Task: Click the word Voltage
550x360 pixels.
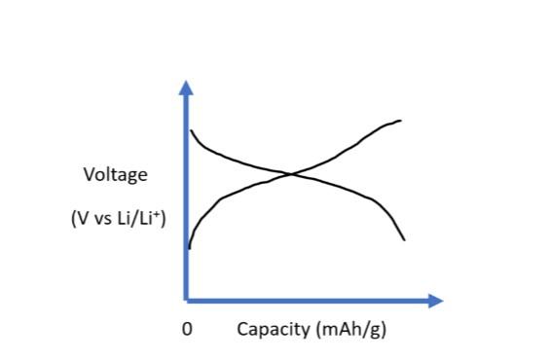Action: [x=116, y=176]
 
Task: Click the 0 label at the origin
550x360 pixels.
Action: [x=187, y=329]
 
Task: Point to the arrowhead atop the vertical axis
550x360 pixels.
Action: [x=186, y=88]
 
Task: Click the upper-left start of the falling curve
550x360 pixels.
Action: [x=191, y=130]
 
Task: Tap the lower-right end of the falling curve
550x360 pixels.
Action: [x=404, y=239]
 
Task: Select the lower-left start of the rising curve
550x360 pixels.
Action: [x=189, y=248]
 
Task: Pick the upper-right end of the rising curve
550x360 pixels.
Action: [x=401, y=121]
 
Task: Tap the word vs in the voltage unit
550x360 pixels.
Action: [x=102, y=220]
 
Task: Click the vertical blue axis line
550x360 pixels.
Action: [x=186, y=195]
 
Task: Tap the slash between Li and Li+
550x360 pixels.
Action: [x=134, y=220]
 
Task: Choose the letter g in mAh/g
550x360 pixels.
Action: [x=375, y=330]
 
